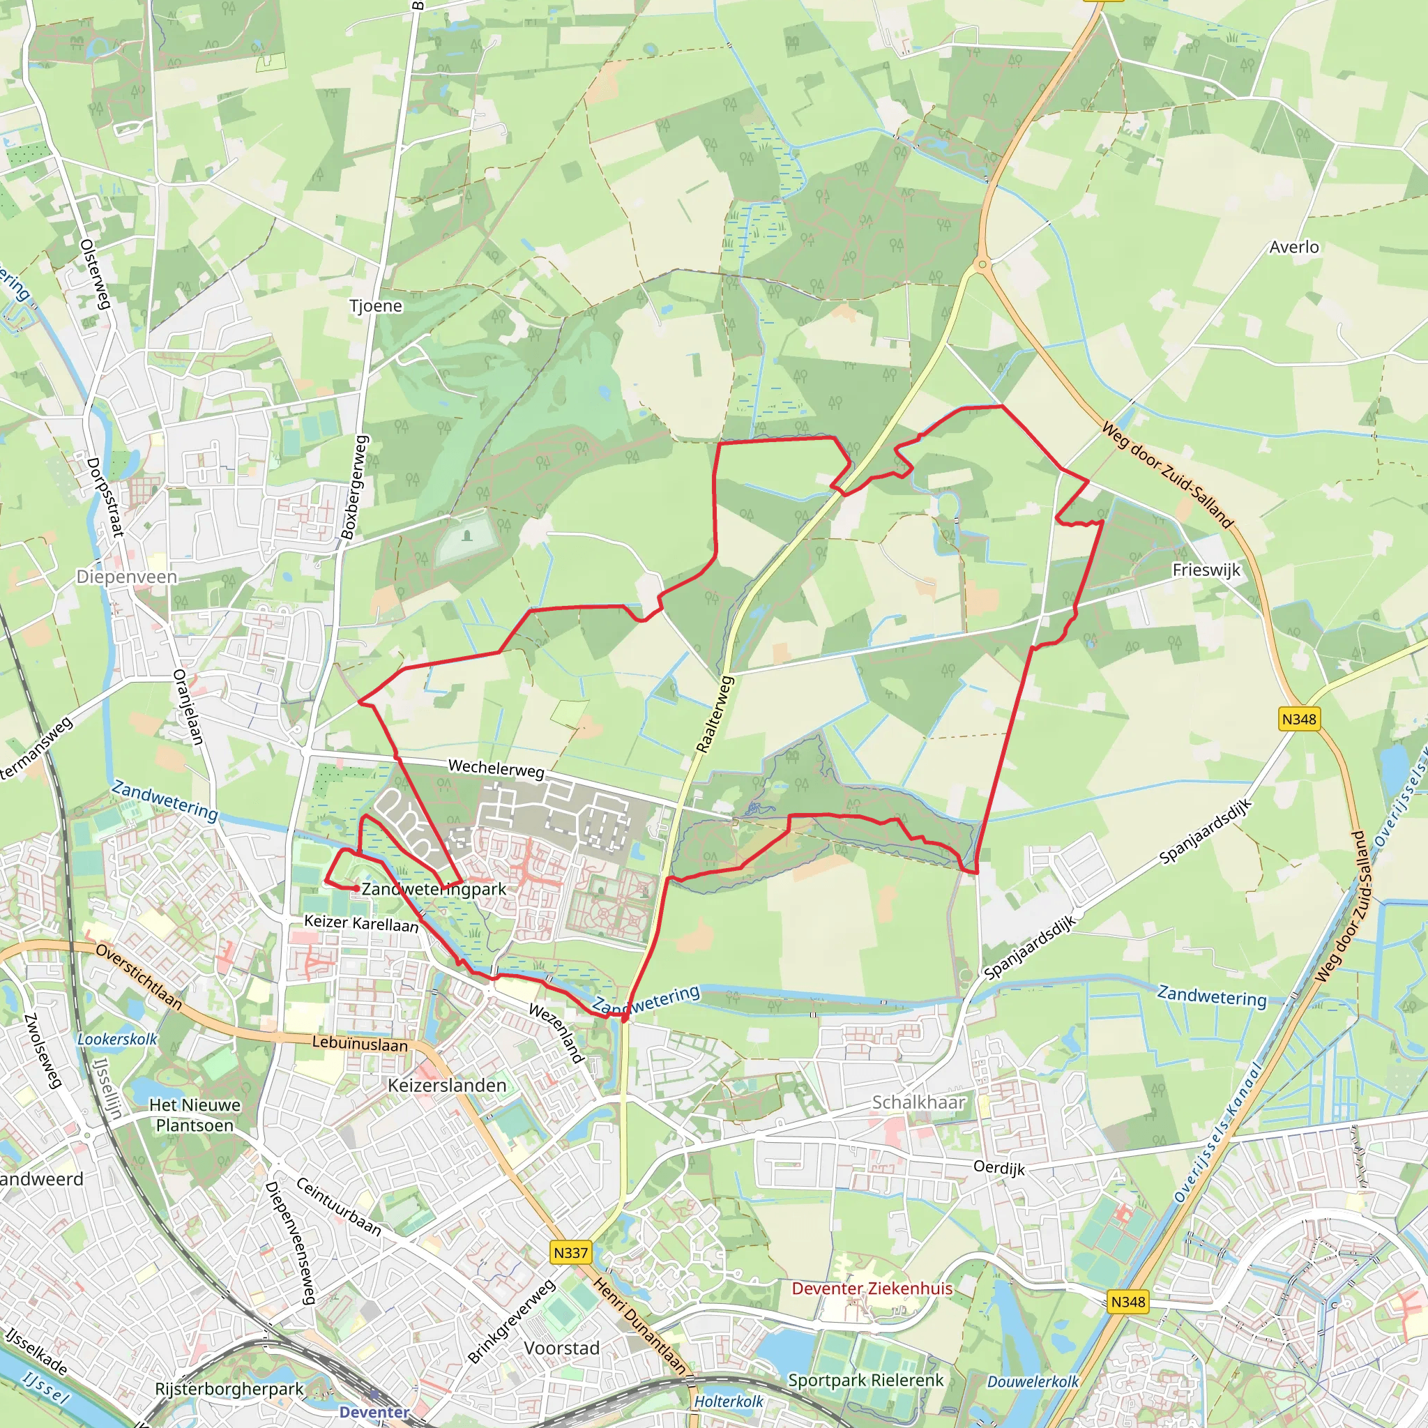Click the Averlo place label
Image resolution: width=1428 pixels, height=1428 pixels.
tap(1293, 247)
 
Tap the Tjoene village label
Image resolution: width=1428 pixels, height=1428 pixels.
tap(376, 306)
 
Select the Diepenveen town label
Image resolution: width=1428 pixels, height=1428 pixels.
tap(126, 577)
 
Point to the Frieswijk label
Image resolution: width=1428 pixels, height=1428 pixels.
tap(1206, 570)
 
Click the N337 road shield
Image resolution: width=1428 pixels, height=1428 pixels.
tap(570, 1253)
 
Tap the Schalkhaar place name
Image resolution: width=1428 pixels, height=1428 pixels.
tap(919, 1102)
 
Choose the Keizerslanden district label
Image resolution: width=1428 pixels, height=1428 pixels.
tap(447, 1085)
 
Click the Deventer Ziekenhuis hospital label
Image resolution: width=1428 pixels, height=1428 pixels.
tap(872, 1289)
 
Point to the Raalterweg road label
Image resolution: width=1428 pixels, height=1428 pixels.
tap(713, 714)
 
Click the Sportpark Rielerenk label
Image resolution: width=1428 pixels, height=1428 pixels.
tap(865, 1380)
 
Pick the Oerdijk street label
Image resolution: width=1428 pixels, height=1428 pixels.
tap(998, 1167)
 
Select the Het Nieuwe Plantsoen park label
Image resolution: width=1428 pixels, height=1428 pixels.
tap(195, 1116)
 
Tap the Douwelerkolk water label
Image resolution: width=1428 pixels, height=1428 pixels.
tap(1033, 1381)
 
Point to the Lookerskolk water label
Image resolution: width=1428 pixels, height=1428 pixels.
tap(118, 1039)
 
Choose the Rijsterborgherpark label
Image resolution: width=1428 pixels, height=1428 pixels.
tap(229, 1389)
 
